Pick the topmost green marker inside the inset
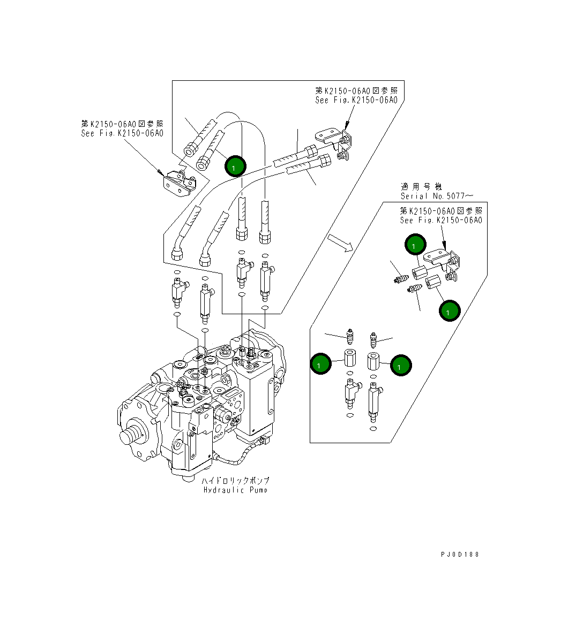coord(415,244)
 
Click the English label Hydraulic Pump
coord(235,490)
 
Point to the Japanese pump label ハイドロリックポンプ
coord(235,480)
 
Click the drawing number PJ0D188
coord(457,554)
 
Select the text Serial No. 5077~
coord(437,196)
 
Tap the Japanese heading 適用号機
coord(421,186)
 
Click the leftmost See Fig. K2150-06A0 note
coord(122,133)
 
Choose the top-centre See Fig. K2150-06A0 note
coord(356,100)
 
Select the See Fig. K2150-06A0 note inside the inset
coord(441,220)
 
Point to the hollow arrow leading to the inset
coord(341,242)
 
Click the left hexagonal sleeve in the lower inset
coord(350,358)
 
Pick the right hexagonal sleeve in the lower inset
coord(374,361)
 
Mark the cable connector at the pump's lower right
coord(262,442)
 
